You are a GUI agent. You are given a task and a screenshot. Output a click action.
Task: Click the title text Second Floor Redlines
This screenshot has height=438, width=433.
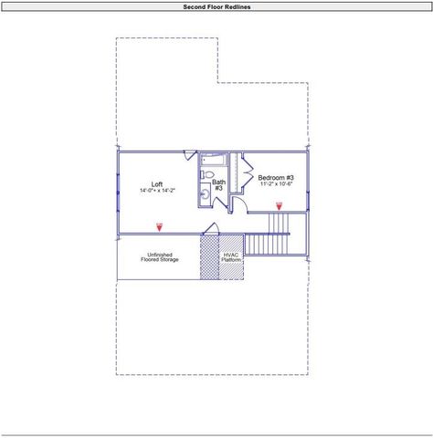pos(216,6)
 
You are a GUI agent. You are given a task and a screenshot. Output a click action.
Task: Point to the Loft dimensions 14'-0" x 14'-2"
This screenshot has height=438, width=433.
pos(157,192)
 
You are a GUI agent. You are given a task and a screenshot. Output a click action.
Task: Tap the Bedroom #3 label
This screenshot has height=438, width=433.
pos(275,177)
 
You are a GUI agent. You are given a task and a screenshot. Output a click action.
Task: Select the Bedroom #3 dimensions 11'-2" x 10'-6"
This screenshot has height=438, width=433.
pos(275,184)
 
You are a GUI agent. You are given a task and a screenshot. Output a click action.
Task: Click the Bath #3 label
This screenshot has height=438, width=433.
pos(218,185)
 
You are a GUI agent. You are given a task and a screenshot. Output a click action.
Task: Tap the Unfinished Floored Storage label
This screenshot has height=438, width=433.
pos(159,257)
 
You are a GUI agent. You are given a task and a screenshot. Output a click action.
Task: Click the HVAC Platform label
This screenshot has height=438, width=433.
pos(231,257)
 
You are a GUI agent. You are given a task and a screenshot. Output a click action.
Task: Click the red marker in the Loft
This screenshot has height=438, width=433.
pos(159,225)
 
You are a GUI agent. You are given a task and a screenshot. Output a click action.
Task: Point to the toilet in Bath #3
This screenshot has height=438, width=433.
pos(207,174)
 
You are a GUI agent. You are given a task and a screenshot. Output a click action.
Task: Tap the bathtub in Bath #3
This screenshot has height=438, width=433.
pos(213,159)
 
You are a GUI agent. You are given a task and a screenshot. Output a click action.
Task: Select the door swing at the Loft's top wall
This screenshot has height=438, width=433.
pos(191,156)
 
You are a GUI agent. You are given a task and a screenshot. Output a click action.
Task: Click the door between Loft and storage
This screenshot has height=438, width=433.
pos(209,228)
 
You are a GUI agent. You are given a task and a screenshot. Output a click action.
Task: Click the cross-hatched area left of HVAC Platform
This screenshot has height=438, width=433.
pos(209,257)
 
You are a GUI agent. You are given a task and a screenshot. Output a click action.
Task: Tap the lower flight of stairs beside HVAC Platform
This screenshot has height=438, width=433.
pos(269,245)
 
